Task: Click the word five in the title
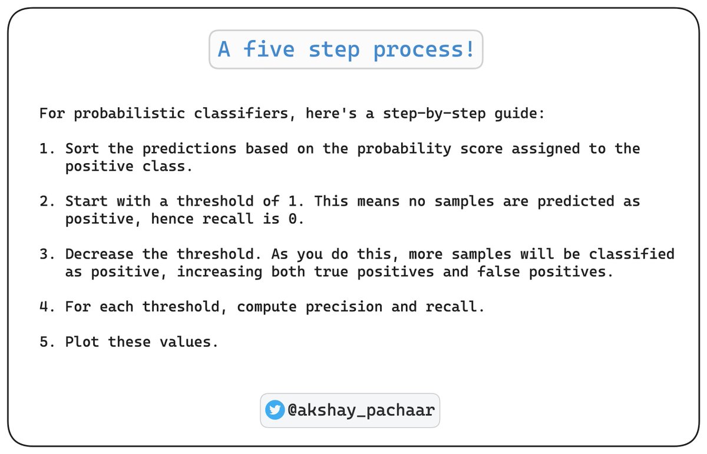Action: (x=269, y=49)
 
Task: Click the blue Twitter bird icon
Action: (x=275, y=410)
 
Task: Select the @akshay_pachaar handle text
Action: (x=361, y=410)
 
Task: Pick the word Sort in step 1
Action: (x=82, y=149)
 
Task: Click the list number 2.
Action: (x=46, y=201)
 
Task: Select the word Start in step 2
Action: (x=87, y=201)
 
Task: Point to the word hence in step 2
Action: (x=173, y=219)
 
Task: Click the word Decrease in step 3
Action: (x=100, y=254)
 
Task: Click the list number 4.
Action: (x=46, y=307)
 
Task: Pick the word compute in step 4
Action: (x=262, y=307)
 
